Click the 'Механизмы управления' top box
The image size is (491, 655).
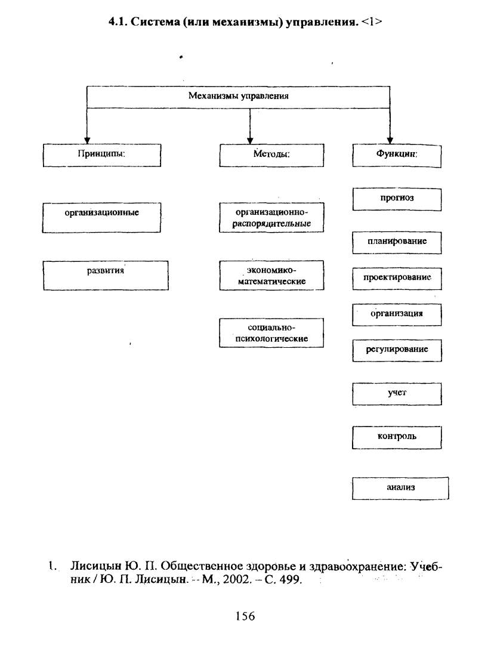238,97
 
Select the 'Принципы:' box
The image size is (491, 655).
102,155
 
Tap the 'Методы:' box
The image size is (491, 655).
271,155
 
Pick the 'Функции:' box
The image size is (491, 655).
397,156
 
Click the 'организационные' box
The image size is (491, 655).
101,218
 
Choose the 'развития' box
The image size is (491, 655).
106,275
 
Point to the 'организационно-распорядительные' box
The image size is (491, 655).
271,218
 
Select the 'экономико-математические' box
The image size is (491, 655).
271,275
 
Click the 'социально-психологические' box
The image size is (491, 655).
271,333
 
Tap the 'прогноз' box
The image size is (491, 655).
397,199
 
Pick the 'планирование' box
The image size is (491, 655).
397,243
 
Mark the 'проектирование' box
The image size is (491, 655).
397,279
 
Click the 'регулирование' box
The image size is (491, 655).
397,351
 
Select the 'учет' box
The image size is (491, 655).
397,394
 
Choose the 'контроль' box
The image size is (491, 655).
397,437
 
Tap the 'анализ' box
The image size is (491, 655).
400,489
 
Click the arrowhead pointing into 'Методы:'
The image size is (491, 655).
250,140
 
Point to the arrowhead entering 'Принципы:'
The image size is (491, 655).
87,140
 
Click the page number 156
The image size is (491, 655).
245,616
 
